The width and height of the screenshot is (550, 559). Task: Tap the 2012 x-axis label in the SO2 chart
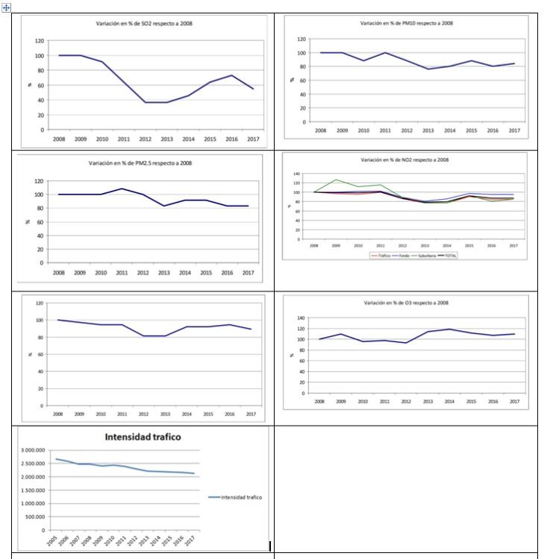coord(146,139)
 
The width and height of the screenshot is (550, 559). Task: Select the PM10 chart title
coord(406,23)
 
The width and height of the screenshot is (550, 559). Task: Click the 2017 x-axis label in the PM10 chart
coord(514,130)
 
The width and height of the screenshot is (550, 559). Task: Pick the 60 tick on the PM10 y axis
coord(302,80)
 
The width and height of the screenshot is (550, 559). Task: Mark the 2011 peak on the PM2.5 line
coord(122,189)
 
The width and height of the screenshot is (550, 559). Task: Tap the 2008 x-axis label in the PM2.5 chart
coord(58,272)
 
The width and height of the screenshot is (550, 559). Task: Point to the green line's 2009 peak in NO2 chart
coord(337,180)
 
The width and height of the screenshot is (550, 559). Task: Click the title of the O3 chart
coord(406,303)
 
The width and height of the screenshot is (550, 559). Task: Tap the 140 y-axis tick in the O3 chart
coord(302,318)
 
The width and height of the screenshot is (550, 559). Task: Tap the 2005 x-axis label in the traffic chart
coord(55,542)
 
